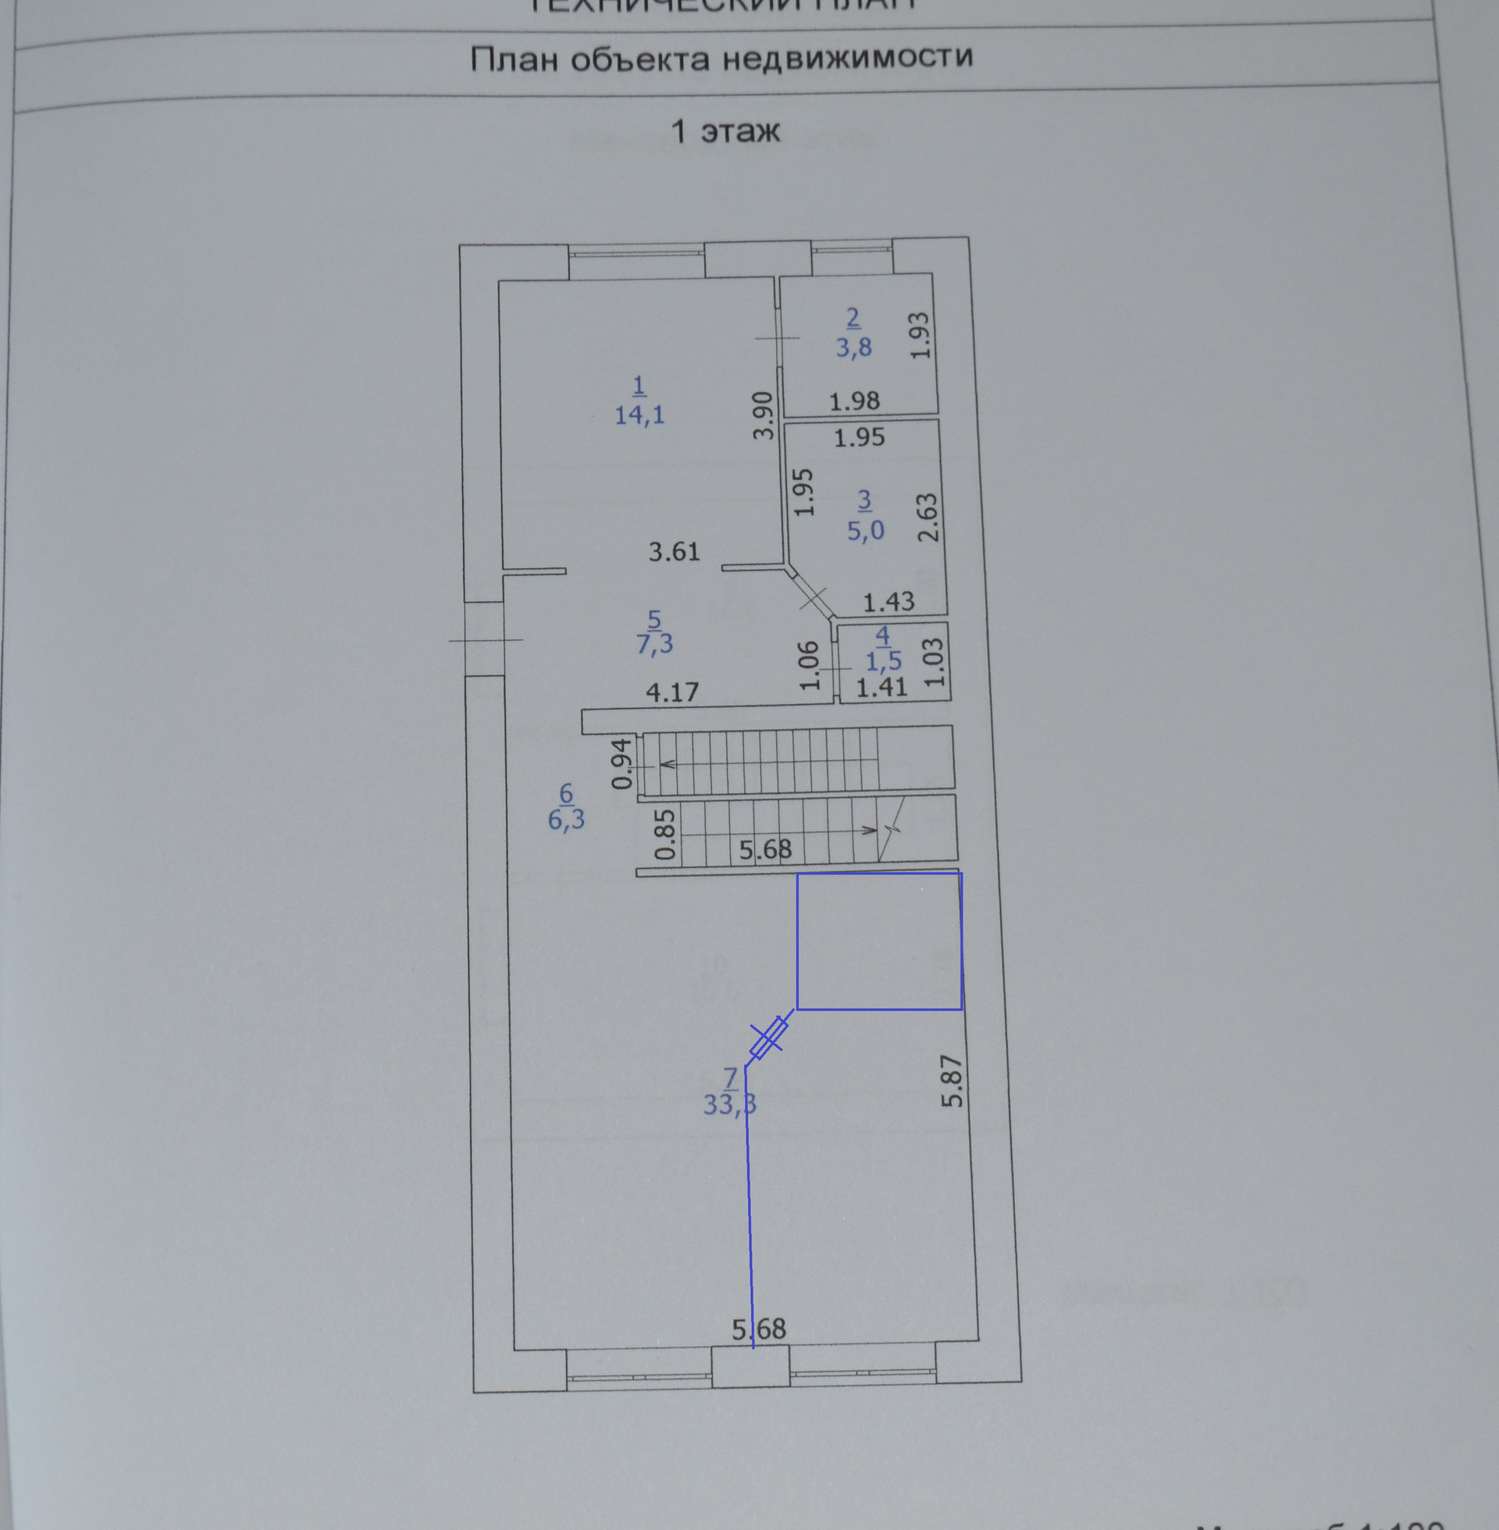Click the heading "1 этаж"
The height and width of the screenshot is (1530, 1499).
(725, 130)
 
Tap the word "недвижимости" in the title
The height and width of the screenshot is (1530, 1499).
(847, 58)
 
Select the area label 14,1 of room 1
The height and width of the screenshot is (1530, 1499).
(639, 415)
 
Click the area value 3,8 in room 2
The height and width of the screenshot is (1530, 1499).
(853, 347)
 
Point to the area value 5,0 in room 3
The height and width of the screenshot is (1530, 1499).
(865, 531)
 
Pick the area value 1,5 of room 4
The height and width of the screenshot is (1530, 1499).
(883, 661)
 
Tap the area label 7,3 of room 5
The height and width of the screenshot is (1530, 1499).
(654, 645)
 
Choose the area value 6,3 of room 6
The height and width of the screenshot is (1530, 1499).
(566, 820)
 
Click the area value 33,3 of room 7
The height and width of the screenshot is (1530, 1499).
(730, 1105)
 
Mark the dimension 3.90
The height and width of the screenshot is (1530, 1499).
(763, 415)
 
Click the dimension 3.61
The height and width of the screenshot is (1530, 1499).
(674, 552)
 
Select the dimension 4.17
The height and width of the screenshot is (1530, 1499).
(672, 692)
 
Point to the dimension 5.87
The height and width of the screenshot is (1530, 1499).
(952, 1080)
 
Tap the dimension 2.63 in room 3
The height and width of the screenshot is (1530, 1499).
(928, 517)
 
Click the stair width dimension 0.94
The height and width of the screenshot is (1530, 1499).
(622, 763)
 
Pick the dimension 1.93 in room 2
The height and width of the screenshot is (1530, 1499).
(920, 336)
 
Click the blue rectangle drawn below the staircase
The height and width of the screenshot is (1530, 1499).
(878, 941)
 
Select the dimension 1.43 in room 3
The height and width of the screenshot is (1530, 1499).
(888, 602)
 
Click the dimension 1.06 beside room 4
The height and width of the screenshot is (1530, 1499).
(809, 665)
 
